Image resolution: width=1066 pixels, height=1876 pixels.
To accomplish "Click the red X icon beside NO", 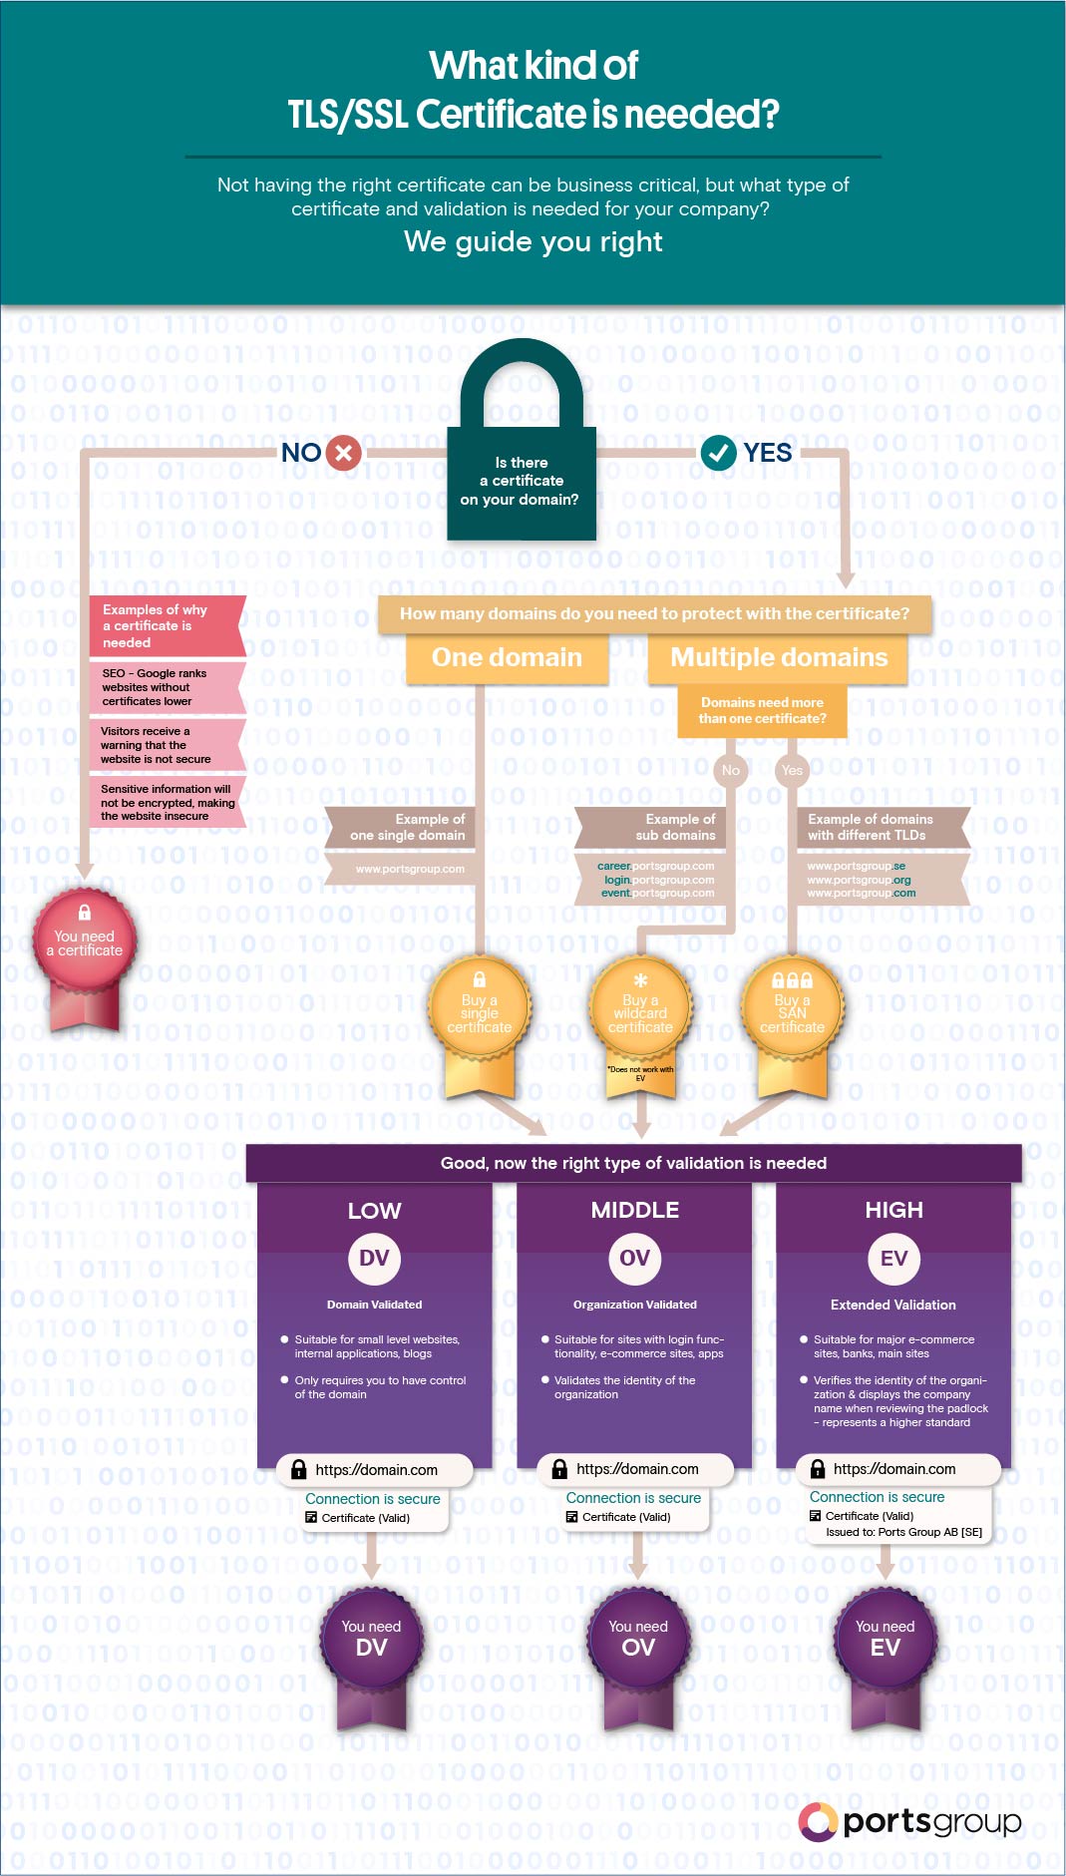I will pyautogui.click(x=343, y=453).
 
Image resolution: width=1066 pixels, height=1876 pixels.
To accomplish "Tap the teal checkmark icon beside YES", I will pyautogui.click(x=718, y=453).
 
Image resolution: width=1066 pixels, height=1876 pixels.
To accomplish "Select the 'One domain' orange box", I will pyautogui.click(x=507, y=658).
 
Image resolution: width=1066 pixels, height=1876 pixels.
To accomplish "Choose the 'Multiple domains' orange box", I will pyautogui.click(x=778, y=658).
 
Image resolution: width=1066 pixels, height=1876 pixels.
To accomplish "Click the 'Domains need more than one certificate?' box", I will pyautogui.click(x=762, y=710).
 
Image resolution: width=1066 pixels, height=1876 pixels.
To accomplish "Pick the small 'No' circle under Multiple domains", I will pyautogui.click(x=731, y=770).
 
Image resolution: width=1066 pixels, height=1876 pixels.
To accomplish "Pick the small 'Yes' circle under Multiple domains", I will pyautogui.click(x=792, y=770).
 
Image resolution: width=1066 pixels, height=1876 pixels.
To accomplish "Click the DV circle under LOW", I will pyautogui.click(x=374, y=1259).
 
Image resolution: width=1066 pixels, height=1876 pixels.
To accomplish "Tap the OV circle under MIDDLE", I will pyautogui.click(x=634, y=1259).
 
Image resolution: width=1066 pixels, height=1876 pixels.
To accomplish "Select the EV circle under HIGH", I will pyautogui.click(x=893, y=1259).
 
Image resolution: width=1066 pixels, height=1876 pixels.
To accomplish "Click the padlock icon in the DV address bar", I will pyautogui.click(x=298, y=1469).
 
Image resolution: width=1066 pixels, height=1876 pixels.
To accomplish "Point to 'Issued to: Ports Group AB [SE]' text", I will pyautogui.click(x=903, y=1532).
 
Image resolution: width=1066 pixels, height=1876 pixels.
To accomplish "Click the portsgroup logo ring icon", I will pyautogui.click(x=817, y=1821).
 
